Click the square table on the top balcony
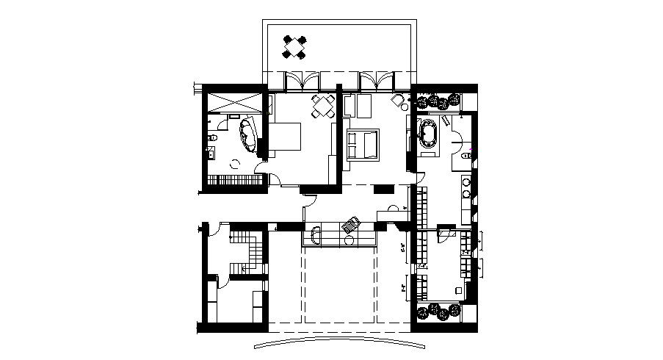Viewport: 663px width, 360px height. click(295, 48)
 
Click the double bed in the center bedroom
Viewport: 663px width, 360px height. click(363, 143)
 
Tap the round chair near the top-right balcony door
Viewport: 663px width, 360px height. click(397, 100)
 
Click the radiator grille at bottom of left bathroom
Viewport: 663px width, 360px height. click(233, 179)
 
